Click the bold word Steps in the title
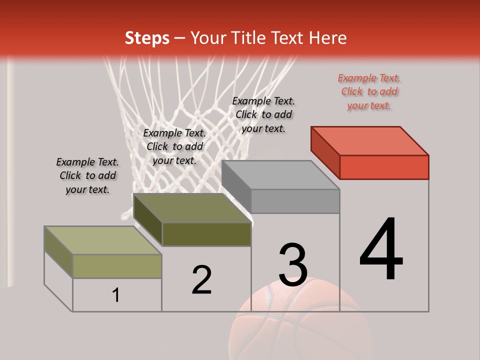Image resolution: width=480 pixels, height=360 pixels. (147, 38)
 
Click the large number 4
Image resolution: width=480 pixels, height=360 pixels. (381, 250)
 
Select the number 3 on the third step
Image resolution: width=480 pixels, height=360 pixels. (293, 265)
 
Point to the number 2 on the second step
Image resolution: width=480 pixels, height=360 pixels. (202, 280)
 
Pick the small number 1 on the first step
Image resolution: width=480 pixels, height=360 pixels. (116, 295)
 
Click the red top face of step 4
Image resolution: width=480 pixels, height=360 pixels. (370, 140)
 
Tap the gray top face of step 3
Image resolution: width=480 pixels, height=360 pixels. (280, 175)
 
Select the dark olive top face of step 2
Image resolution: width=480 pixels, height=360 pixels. (192, 208)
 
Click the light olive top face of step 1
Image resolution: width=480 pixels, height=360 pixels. (102, 240)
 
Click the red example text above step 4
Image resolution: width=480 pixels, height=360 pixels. (369, 91)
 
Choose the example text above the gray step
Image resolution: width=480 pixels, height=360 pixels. (263, 114)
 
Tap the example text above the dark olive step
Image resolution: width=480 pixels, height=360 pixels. (174, 146)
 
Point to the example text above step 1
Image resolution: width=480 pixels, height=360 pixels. (87, 175)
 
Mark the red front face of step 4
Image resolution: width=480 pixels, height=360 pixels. (384, 167)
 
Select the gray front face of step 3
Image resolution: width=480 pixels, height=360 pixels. (295, 201)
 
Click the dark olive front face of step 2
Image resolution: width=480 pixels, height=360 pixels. (206, 234)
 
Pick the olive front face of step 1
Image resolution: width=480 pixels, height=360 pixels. (117, 266)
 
